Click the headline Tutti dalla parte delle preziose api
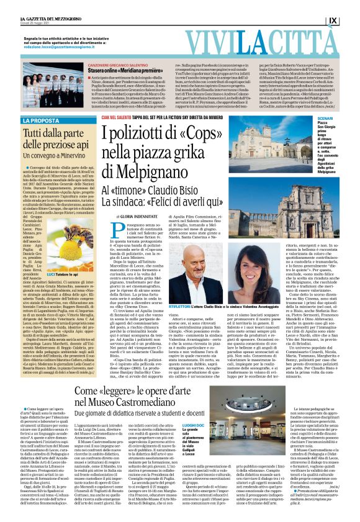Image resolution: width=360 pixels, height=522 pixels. (59, 138)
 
